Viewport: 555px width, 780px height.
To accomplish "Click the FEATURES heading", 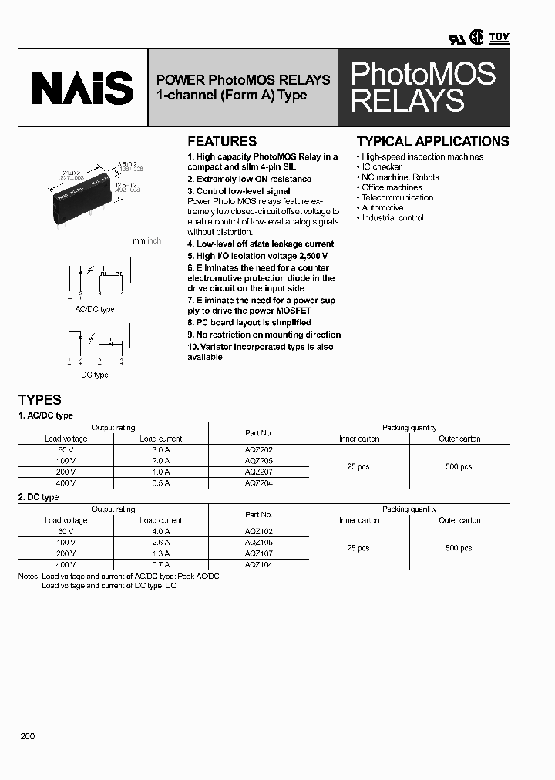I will pos(222,142).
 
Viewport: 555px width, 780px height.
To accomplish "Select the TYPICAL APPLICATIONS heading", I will pos(432,142).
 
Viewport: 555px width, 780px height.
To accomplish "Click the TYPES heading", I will pos(39,400).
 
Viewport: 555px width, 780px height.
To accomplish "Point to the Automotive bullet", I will pos(382,207).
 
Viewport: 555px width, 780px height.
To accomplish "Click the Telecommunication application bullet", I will pos(397,197).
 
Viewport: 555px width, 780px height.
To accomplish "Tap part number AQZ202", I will pos(258,449).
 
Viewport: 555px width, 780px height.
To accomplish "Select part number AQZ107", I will pos(258,553).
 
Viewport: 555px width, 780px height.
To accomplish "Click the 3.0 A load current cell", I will pos(160,449).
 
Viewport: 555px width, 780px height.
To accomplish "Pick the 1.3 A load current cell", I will pos(160,553).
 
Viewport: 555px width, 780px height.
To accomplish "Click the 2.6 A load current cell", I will pos(160,543).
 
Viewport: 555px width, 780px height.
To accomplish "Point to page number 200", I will pos(28,737).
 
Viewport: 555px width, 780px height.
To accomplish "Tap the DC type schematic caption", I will pos(95,375).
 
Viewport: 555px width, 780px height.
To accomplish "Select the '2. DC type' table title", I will pos(39,497).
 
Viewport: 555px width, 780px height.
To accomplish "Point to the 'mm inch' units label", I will pos(146,241).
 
